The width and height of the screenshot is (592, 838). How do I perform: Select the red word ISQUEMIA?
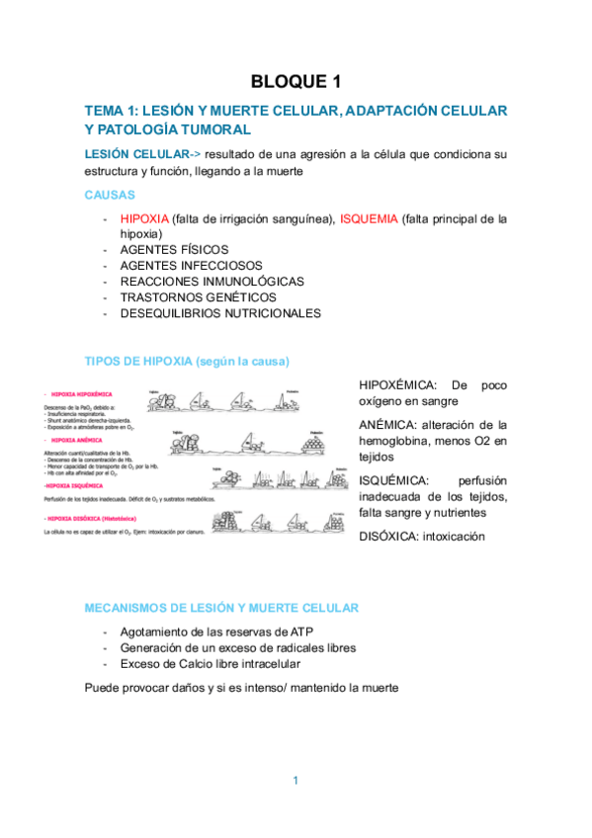pyautogui.click(x=369, y=218)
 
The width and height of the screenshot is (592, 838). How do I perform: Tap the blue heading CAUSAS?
pyautogui.click(x=110, y=196)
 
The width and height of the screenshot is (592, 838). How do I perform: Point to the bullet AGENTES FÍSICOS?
pyautogui.click(x=173, y=250)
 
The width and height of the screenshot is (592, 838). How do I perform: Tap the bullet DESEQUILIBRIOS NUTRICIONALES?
pyautogui.click(x=219, y=313)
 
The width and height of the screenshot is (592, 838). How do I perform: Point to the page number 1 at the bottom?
pyautogui.click(x=296, y=782)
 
